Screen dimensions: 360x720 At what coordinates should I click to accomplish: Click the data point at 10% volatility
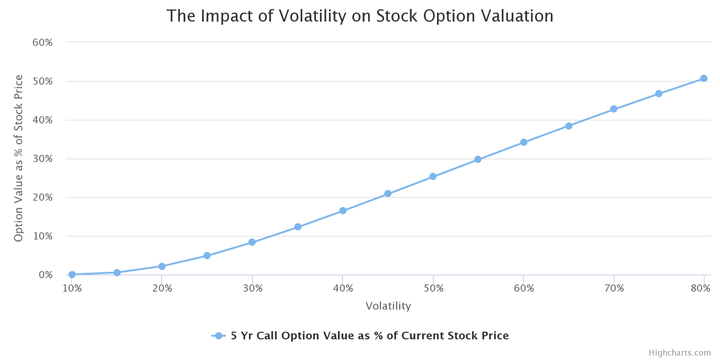click(72, 275)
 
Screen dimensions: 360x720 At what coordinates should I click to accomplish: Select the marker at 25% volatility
click(207, 256)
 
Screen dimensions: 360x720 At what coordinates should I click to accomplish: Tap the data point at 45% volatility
click(388, 194)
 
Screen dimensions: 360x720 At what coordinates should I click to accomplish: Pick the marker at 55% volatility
click(478, 159)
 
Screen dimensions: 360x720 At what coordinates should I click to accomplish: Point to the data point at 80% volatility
click(704, 78)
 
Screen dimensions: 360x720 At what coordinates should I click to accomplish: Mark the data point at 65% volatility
click(569, 126)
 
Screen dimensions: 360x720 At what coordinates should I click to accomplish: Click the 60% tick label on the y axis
click(43, 43)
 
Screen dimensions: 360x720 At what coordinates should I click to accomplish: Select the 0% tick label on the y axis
click(45, 275)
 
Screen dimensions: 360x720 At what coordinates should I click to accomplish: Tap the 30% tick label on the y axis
click(43, 159)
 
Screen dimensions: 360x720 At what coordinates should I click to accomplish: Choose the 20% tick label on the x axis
click(162, 289)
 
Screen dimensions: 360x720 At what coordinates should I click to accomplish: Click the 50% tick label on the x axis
click(434, 289)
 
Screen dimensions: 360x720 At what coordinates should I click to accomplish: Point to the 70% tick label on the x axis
click(614, 289)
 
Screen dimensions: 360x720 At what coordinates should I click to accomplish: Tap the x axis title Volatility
click(388, 306)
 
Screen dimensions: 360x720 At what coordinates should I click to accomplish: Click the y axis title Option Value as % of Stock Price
click(19, 158)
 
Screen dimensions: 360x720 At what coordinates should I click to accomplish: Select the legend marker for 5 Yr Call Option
click(219, 336)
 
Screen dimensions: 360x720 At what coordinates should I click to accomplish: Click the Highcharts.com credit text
click(679, 353)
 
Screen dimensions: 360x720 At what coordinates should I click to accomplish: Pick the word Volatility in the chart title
click(313, 16)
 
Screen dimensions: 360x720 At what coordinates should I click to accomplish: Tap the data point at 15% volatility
click(117, 273)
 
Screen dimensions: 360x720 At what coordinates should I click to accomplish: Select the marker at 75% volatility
click(659, 94)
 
